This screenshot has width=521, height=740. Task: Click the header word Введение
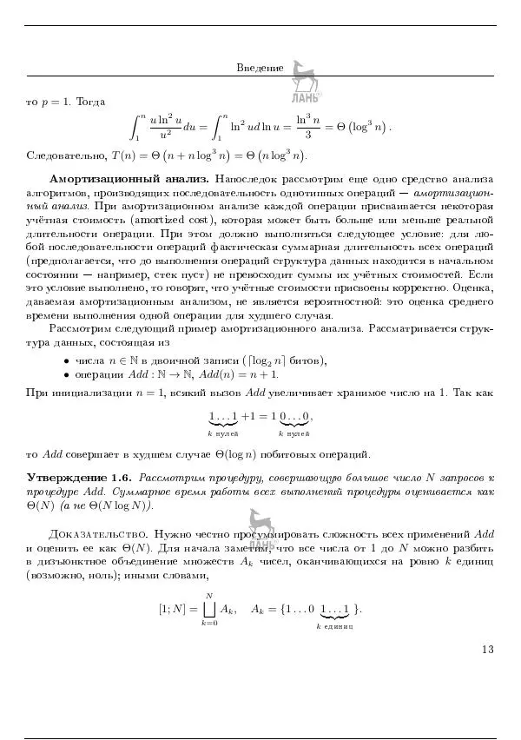(260, 68)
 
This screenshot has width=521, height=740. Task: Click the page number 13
(486, 649)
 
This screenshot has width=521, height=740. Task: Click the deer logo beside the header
(303, 76)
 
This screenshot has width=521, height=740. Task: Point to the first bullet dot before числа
(67, 360)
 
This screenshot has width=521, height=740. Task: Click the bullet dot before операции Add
(67, 374)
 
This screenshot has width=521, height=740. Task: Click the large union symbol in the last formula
(208, 605)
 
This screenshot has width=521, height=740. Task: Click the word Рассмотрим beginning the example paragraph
(77, 328)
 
